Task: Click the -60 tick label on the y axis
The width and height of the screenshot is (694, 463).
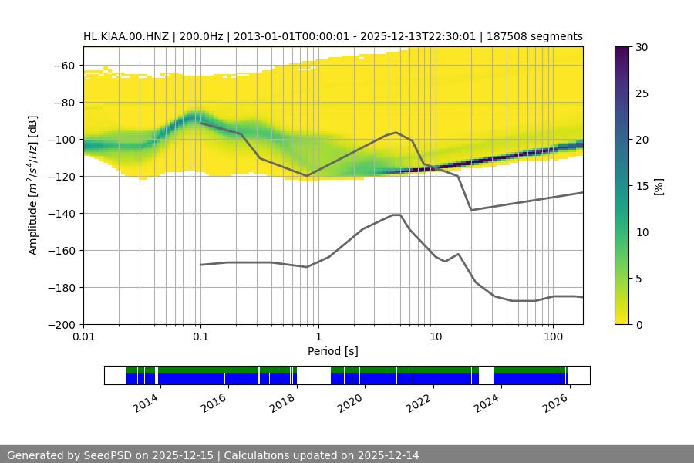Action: (x=65, y=66)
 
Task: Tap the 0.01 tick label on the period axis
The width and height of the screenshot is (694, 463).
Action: (x=83, y=337)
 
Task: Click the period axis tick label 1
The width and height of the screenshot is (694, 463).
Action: (x=318, y=337)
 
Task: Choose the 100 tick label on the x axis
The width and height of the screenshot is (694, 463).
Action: (x=552, y=337)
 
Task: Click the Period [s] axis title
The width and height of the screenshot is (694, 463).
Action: (x=332, y=351)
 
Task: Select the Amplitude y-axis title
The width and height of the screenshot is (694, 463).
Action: (x=33, y=186)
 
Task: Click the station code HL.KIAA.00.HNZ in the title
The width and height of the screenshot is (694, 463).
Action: (x=127, y=36)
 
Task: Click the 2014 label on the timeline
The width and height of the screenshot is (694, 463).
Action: (x=146, y=403)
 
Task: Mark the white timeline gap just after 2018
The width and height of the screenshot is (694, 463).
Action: (x=314, y=375)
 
